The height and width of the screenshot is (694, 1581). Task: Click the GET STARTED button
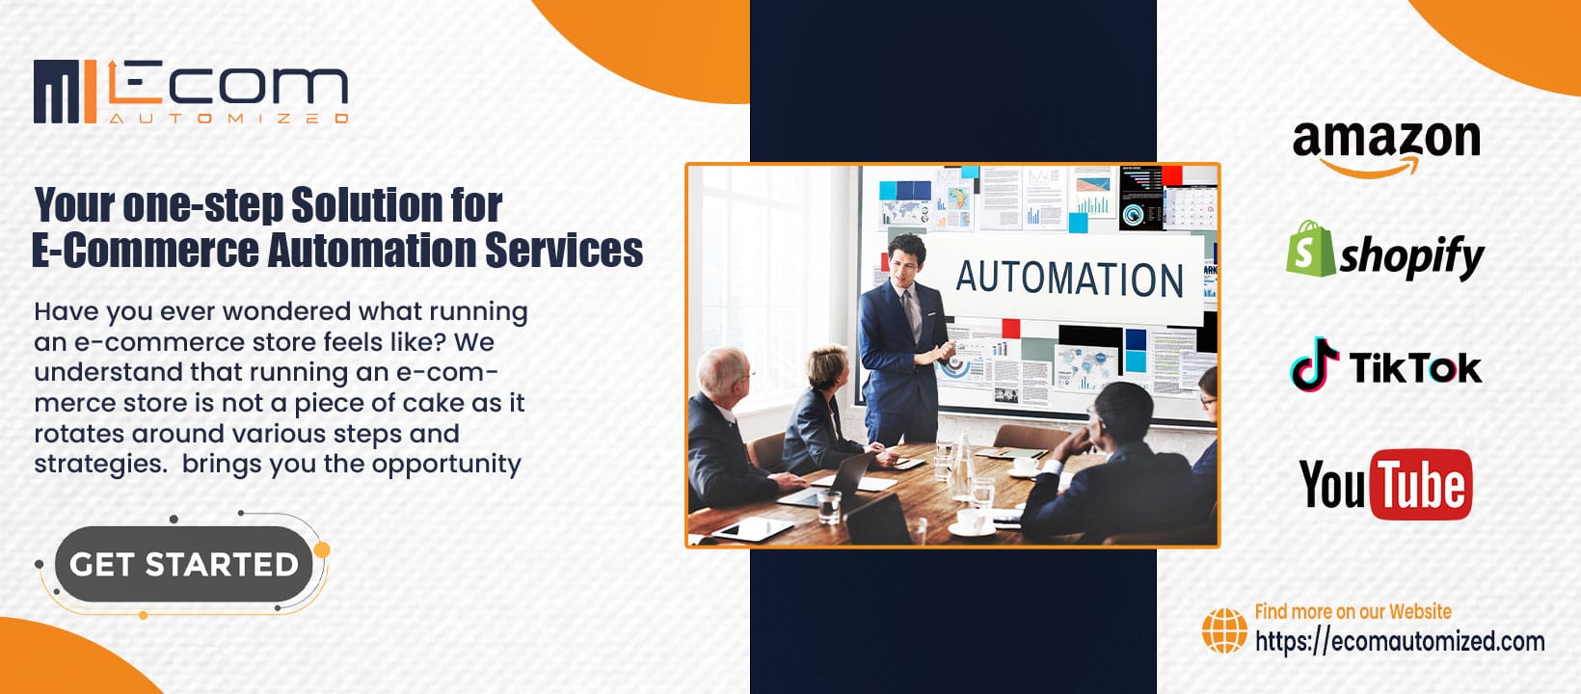pyautogui.click(x=183, y=564)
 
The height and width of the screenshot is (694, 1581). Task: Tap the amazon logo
pyautogui.click(x=1386, y=147)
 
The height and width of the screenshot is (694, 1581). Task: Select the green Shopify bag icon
pyautogui.click(x=1310, y=249)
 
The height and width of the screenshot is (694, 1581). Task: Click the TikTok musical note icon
pyautogui.click(x=1314, y=363)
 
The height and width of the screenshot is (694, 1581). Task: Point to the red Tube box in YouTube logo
pyautogui.click(x=1420, y=484)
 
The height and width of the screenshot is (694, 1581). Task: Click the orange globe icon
pyautogui.click(x=1224, y=630)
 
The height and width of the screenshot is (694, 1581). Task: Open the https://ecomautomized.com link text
pyautogui.click(x=1400, y=642)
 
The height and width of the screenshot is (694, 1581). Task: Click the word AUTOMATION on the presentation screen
pyautogui.click(x=1069, y=279)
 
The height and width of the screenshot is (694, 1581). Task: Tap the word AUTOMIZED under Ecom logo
pyautogui.click(x=228, y=118)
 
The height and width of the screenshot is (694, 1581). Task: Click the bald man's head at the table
pyautogui.click(x=723, y=371)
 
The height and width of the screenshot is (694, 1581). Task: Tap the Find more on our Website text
pyautogui.click(x=1353, y=611)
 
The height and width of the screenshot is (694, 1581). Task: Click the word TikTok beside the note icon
pyautogui.click(x=1415, y=368)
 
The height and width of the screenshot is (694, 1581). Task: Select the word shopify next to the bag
pyautogui.click(x=1411, y=257)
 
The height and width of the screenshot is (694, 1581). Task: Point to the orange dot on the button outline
pyautogui.click(x=322, y=550)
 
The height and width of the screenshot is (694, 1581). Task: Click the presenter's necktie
pyautogui.click(x=913, y=313)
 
